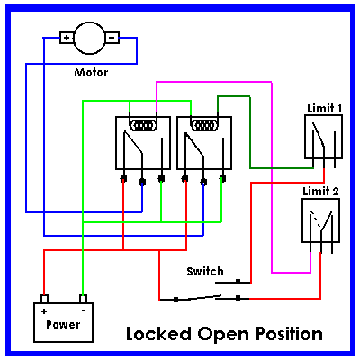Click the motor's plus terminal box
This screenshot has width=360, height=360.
coord(67,38)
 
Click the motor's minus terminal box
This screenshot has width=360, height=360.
coord(112,38)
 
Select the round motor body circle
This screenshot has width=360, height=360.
coord(89,38)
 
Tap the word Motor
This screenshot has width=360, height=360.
coord(91,73)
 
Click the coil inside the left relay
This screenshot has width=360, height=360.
coord(143,125)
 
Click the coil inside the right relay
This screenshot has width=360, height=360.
coord(204,125)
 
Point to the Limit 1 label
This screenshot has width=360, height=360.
coord(325,108)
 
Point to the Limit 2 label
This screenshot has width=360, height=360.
coord(320,191)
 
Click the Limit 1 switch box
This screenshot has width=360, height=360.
coord(323,137)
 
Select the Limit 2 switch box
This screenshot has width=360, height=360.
coord(320,220)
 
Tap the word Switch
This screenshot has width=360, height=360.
coord(205,271)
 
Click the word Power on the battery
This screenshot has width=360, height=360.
coord(63,325)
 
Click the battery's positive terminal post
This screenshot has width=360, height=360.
coord(44,299)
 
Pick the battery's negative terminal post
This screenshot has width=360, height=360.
coord(83,299)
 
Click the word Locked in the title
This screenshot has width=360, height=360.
coord(158,334)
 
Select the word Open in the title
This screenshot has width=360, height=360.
coord(224,335)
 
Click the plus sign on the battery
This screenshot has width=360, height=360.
coord(44,311)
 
